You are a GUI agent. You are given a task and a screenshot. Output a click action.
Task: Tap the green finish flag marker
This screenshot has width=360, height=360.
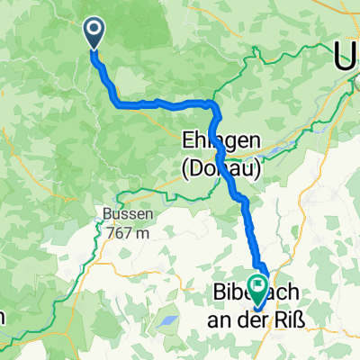(258, 289)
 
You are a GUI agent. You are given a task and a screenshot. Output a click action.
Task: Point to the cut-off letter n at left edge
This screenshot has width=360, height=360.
(4, 317)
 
